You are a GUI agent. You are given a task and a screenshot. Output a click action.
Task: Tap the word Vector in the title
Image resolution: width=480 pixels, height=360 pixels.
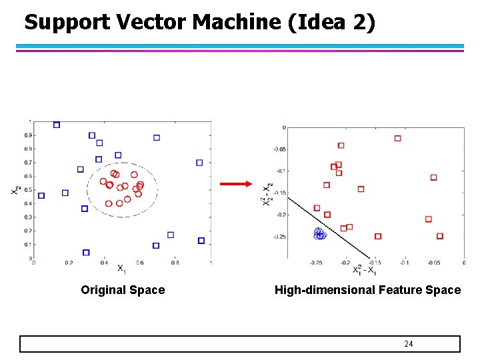point(151,23)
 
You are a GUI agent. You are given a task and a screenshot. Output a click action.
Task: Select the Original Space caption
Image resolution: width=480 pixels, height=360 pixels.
point(123,290)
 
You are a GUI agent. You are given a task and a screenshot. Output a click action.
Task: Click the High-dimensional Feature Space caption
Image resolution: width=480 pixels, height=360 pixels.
point(367,290)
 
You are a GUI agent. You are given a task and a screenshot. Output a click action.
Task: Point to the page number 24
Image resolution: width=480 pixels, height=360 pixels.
point(409,344)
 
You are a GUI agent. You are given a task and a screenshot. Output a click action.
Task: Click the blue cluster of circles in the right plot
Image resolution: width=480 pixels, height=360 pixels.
point(319,233)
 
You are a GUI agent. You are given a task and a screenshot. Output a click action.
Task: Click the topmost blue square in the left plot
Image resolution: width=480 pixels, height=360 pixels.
point(57,125)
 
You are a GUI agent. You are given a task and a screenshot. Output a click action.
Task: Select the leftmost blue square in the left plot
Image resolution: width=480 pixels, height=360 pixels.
point(41,195)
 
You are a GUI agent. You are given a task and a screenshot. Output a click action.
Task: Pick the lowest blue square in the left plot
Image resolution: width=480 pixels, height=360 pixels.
point(86,253)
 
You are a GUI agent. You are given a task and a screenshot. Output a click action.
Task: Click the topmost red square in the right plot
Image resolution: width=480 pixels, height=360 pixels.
point(397,139)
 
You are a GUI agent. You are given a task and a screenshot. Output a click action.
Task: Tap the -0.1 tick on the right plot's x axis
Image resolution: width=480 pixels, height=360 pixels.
point(404,263)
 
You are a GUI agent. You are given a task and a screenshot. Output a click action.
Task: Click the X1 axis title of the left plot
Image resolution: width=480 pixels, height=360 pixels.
point(121,269)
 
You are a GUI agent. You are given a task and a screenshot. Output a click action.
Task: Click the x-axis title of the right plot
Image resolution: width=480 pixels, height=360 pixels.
point(365,271)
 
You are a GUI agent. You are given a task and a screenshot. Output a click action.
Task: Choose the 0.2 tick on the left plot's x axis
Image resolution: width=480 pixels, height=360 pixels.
point(69,263)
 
